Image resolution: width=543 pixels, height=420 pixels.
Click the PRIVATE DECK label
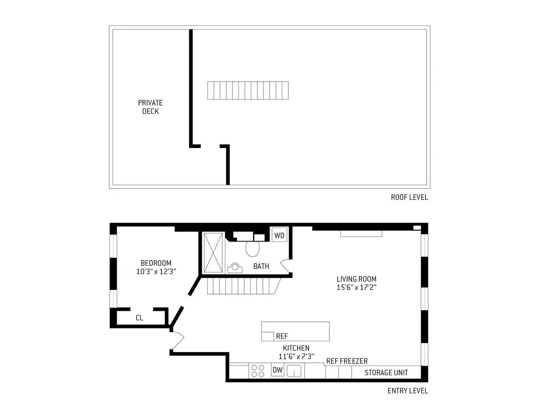click(150, 107)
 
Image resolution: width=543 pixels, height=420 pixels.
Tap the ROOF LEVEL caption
click(409, 197)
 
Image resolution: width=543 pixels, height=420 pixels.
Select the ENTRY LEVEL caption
click(407, 391)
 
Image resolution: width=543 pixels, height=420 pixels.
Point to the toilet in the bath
click(252, 249)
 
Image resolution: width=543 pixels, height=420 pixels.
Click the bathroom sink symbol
click(235, 268)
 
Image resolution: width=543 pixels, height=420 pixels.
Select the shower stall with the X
click(213, 252)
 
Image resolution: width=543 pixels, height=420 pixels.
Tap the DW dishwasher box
click(277, 371)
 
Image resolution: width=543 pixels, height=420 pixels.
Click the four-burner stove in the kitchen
click(258, 371)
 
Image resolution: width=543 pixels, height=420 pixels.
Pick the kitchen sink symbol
click(295, 371)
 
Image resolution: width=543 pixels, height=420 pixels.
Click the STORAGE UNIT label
click(386, 372)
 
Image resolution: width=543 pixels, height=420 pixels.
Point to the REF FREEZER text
click(347, 361)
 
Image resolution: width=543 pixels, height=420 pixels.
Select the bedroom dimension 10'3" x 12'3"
click(156, 272)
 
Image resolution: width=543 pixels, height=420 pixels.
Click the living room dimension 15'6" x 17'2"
click(356, 287)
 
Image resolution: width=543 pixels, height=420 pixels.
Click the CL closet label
click(139, 318)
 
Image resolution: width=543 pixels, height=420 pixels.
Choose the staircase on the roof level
click(248, 90)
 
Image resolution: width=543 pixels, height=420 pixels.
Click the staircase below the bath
click(242, 286)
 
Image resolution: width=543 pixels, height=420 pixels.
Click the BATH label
click(261, 266)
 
